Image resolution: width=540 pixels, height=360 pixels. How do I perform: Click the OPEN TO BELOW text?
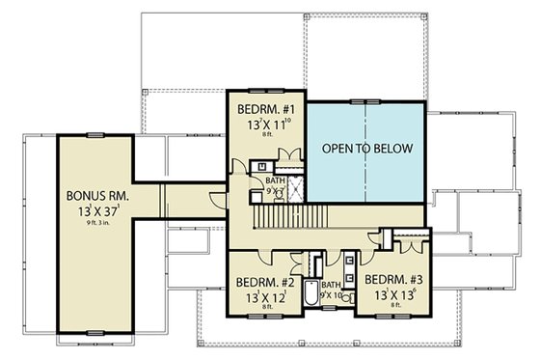tap(366, 149)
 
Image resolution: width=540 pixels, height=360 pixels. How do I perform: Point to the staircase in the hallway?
tap(289, 219)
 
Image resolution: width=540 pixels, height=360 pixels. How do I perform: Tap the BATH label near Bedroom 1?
tap(276, 180)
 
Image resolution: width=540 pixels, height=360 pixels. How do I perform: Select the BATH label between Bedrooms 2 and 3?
tap(331, 285)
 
